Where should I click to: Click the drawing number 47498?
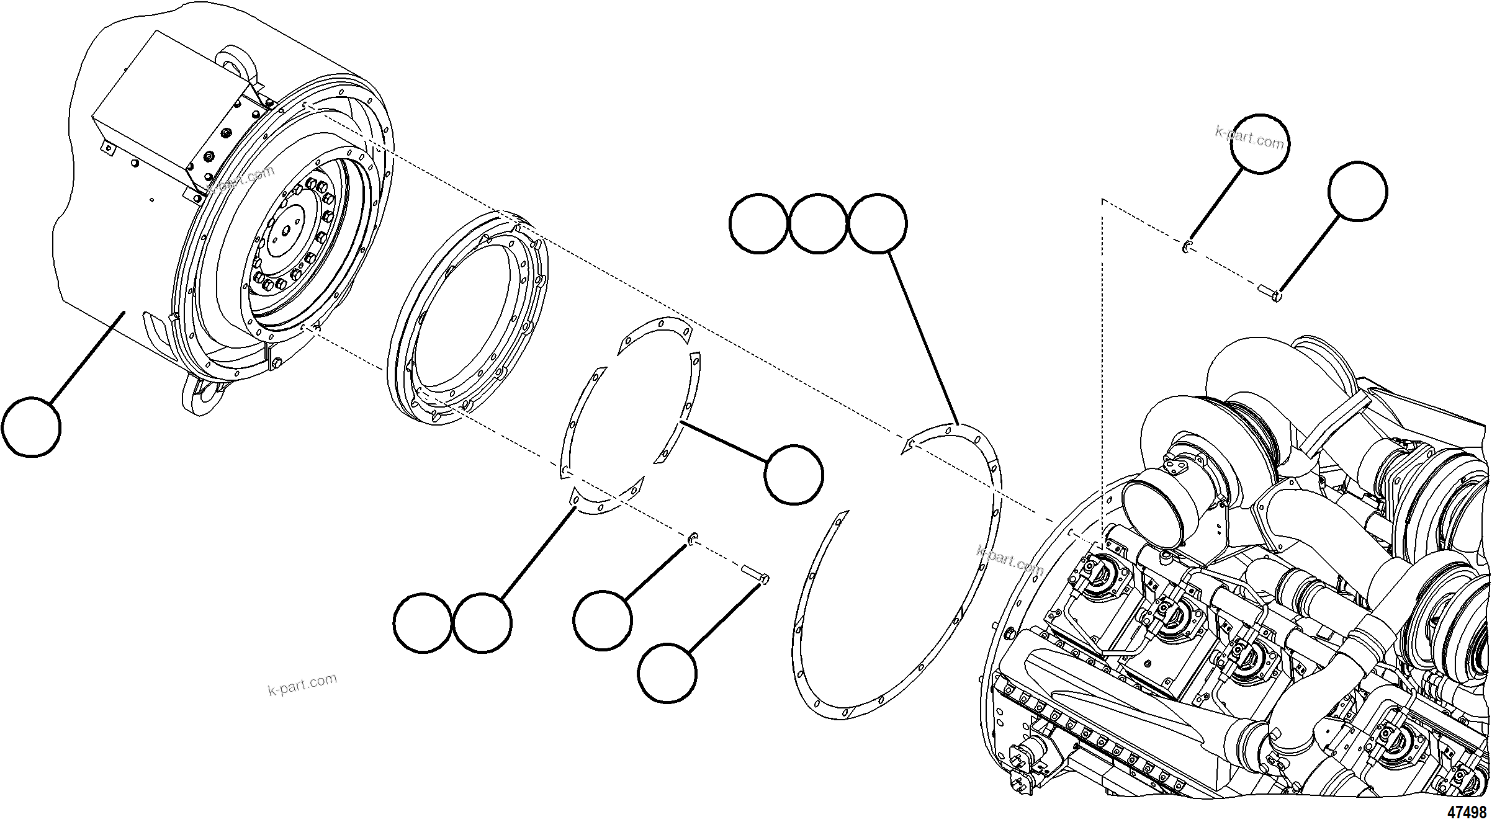(x=1467, y=812)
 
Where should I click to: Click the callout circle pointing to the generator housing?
(x=31, y=427)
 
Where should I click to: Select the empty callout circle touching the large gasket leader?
(x=877, y=223)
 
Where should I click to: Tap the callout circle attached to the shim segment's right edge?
(x=794, y=475)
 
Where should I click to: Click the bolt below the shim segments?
(x=755, y=573)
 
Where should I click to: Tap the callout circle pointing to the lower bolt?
(x=667, y=673)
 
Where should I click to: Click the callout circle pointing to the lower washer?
(x=603, y=621)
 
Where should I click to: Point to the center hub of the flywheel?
(x=287, y=229)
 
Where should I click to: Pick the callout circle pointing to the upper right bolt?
(x=1357, y=191)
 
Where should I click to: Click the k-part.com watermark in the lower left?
(x=302, y=684)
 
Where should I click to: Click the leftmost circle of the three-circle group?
(x=758, y=223)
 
